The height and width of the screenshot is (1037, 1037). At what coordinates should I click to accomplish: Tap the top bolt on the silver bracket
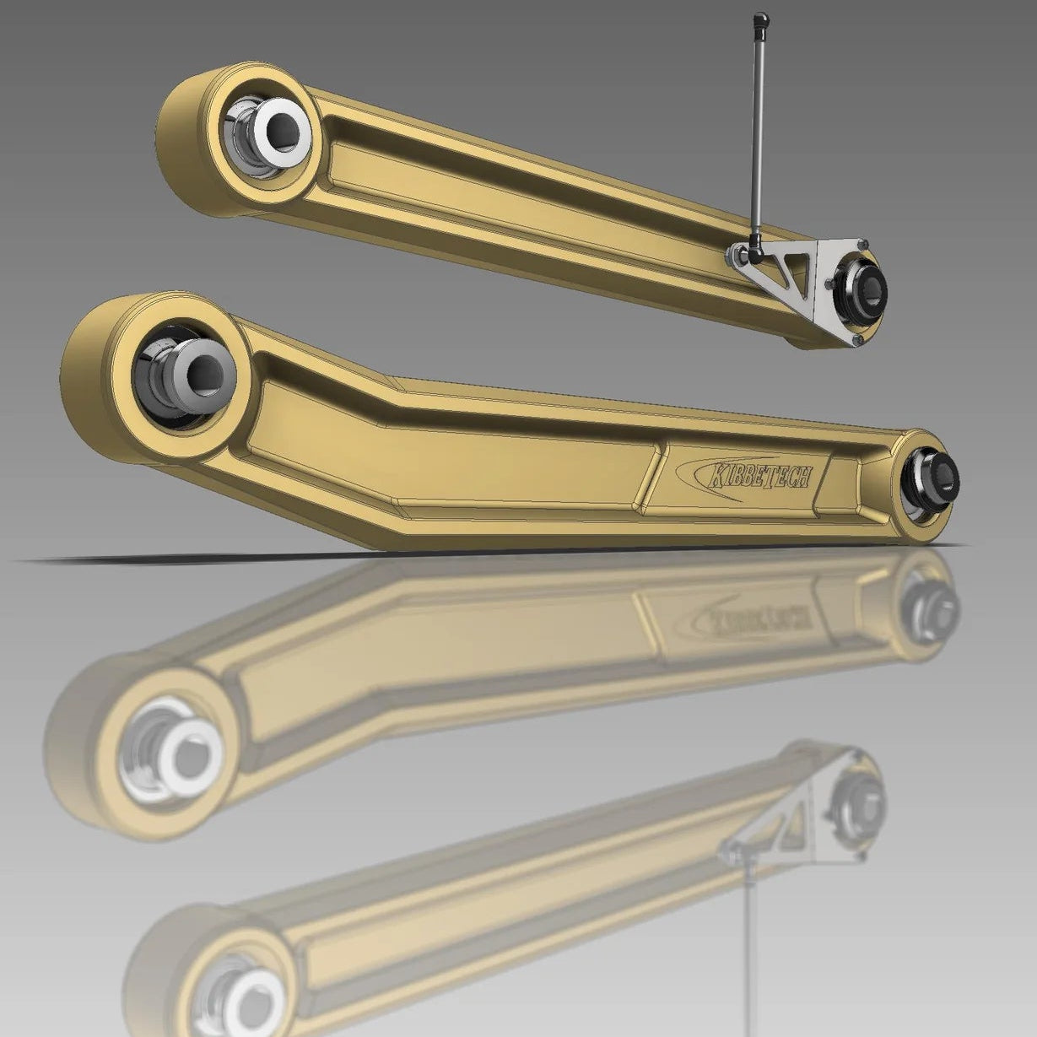click(861, 245)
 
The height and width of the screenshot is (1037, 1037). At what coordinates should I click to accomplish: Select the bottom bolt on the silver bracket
click(857, 339)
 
